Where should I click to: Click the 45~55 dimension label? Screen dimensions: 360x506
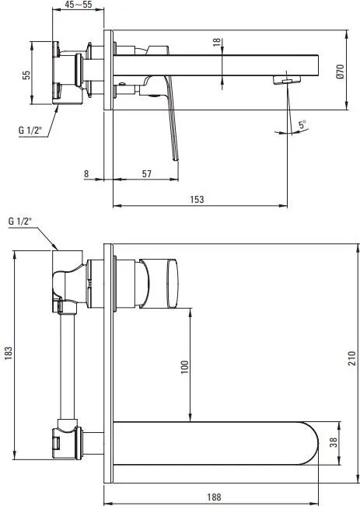pos(78,5)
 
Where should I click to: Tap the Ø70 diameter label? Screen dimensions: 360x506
pos(341,72)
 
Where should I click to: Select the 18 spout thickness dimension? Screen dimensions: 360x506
pos(217,42)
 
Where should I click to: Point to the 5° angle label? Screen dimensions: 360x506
pos(302,124)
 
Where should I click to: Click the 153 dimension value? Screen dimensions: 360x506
pos(197,200)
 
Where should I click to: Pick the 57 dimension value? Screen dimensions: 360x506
pos(147,174)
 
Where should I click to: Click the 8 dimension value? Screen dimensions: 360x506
pos(86,174)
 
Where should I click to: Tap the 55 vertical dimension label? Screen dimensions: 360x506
pos(26,75)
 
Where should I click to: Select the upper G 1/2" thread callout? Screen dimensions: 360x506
pos(30,130)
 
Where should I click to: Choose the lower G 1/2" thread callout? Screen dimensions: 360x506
pos(20,221)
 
